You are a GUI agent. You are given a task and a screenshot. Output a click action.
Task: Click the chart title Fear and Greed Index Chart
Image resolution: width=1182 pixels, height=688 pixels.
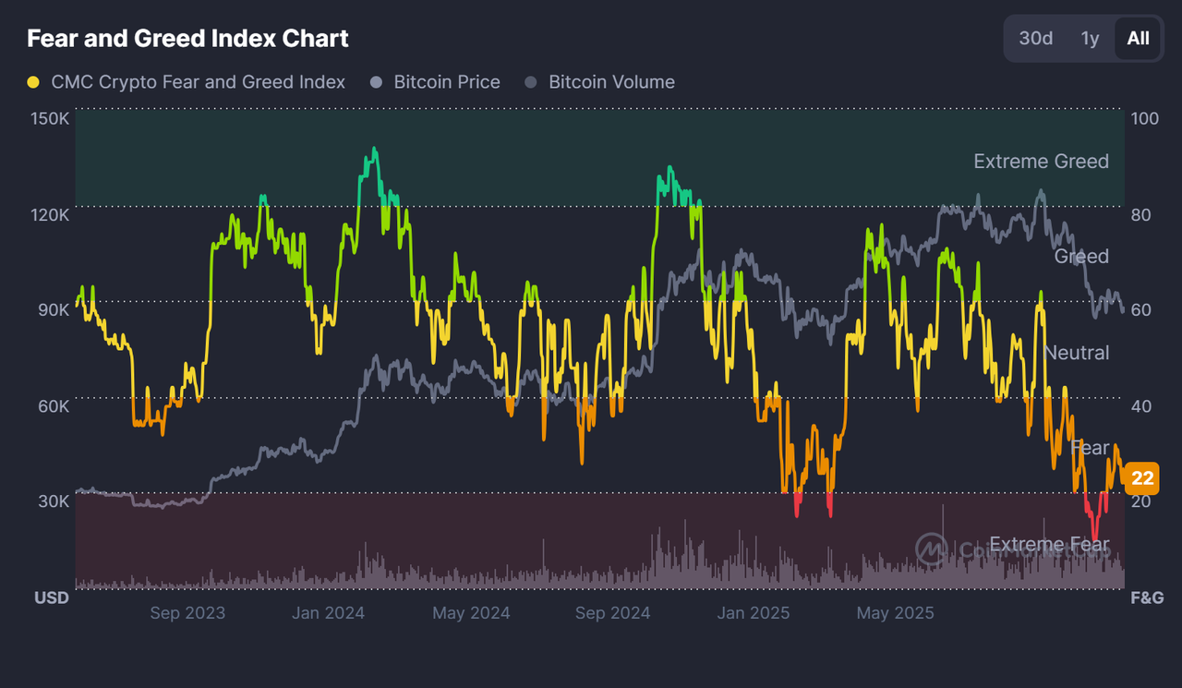click(187, 39)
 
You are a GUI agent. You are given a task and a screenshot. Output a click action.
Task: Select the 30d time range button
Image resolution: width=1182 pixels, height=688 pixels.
click(1035, 38)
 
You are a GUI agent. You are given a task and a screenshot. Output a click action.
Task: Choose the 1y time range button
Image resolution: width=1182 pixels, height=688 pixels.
click(1090, 38)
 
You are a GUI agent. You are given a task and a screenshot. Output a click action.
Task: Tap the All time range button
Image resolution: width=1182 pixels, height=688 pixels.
click(1138, 38)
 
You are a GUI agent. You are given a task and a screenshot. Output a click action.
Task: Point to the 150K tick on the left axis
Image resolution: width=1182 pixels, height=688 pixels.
click(50, 119)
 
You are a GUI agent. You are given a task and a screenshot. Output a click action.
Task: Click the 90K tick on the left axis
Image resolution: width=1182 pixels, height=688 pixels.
click(53, 309)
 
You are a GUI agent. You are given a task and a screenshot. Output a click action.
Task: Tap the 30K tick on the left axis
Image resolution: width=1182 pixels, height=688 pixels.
click(53, 501)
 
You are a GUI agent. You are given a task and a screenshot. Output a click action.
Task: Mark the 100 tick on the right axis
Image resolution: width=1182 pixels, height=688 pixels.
click(1144, 119)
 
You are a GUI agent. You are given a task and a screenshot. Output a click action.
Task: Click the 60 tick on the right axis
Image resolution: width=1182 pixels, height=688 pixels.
click(1140, 309)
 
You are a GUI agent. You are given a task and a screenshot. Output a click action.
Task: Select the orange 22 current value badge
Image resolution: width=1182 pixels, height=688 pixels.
click(1142, 478)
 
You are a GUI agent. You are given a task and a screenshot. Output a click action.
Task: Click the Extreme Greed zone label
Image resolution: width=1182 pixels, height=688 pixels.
click(1041, 162)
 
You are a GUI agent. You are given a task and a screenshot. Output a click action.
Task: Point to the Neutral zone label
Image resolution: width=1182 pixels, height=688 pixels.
click(1076, 353)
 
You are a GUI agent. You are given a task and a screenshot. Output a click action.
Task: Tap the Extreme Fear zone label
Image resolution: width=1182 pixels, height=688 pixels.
click(1049, 545)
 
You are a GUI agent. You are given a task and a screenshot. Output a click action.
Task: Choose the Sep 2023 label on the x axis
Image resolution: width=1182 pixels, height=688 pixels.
click(187, 612)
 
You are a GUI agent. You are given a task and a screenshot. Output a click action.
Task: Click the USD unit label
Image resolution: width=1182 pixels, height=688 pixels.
click(52, 597)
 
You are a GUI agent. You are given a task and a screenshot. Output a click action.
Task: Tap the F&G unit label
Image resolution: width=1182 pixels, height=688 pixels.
click(1147, 597)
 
